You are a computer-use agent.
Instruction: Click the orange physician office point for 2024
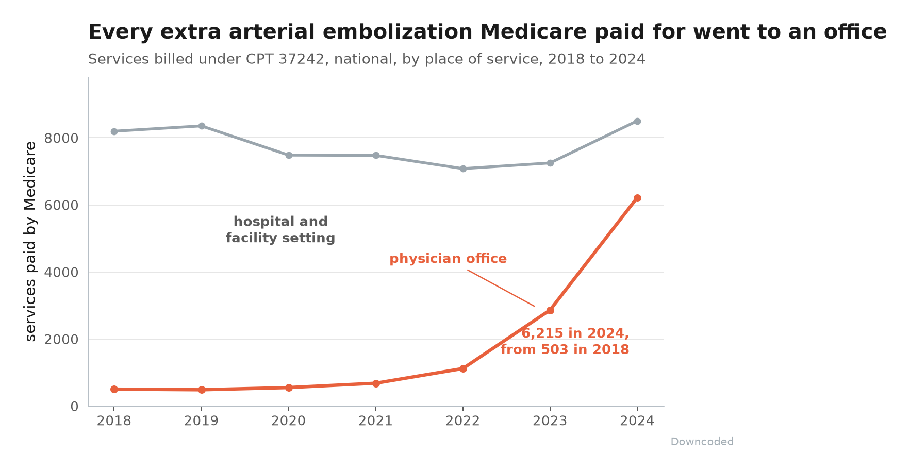click(637, 198)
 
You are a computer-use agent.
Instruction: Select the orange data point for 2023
click(550, 310)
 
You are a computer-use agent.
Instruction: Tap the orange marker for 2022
click(463, 368)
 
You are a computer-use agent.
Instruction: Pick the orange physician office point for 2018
click(114, 389)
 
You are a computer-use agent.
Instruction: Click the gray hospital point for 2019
click(202, 126)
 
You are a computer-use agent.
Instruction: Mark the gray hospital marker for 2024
click(637, 121)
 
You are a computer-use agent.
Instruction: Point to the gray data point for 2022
click(463, 169)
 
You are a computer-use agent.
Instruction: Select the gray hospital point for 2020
click(289, 155)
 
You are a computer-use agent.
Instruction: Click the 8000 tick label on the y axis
click(61, 138)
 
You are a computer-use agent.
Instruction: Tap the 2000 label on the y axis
click(61, 339)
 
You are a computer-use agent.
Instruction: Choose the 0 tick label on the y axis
click(74, 407)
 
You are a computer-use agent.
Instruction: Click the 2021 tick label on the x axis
click(376, 421)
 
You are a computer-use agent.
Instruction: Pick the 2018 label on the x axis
click(114, 421)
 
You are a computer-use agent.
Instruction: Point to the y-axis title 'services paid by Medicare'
click(31, 241)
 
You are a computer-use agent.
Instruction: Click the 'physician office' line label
click(448, 259)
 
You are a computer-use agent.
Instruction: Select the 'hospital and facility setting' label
click(280, 230)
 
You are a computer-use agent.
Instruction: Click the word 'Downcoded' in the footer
click(702, 442)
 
